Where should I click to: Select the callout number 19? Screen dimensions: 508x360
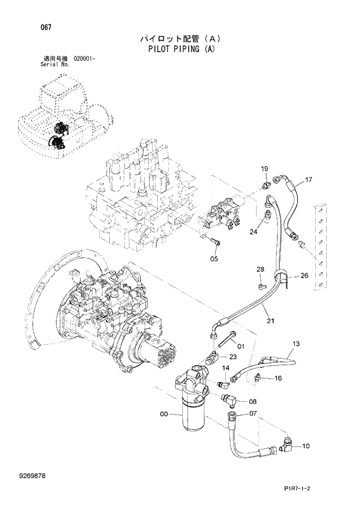pyautogui.click(x=264, y=169)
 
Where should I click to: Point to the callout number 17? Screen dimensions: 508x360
pyautogui.click(x=308, y=179)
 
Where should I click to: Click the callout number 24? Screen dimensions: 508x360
pyautogui.click(x=253, y=232)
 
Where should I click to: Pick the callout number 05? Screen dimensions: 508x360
pyautogui.click(x=214, y=259)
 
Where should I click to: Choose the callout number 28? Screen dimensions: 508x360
pyautogui.click(x=261, y=269)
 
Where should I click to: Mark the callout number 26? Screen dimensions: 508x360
pyautogui.click(x=304, y=276)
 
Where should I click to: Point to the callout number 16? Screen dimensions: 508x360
pyautogui.click(x=278, y=379)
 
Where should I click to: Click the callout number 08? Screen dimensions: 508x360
pyautogui.click(x=253, y=401)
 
